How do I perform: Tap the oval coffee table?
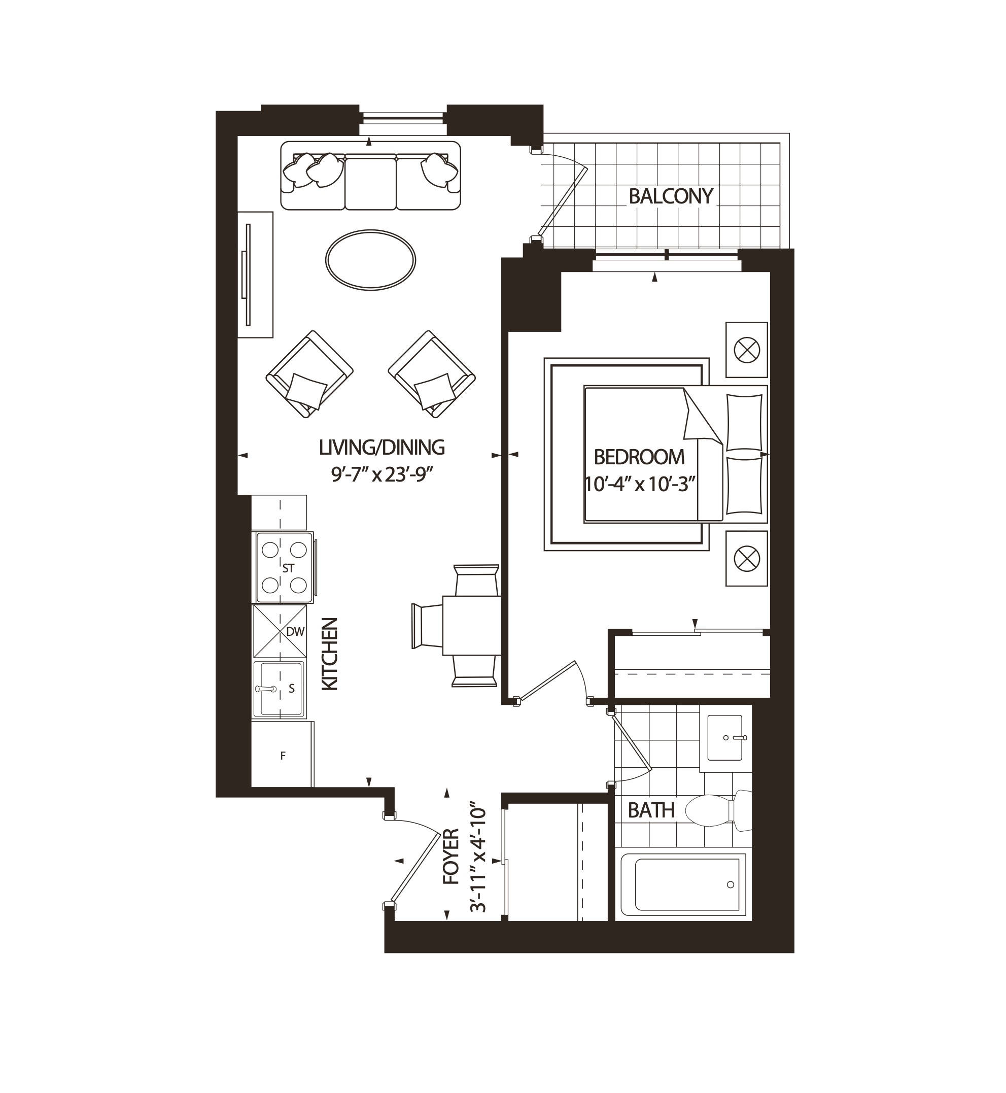pyautogui.click(x=370, y=259)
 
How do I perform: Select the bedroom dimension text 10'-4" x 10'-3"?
pyautogui.click(x=640, y=484)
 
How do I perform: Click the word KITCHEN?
pyautogui.click(x=330, y=654)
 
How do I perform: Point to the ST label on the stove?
pyautogui.click(x=288, y=568)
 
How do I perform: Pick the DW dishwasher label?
pyautogui.click(x=295, y=632)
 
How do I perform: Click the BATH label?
pyautogui.click(x=651, y=811)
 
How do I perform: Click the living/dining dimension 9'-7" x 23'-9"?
pyautogui.click(x=381, y=475)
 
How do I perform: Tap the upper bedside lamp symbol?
pyautogui.click(x=746, y=350)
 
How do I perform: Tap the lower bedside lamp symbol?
pyautogui.click(x=746, y=558)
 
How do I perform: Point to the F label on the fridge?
pyautogui.click(x=283, y=756)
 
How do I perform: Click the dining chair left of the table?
pyautogui.click(x=427, y=626)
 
